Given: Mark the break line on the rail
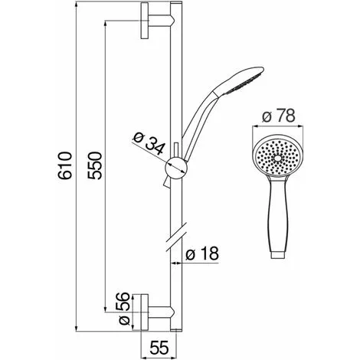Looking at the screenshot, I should [175, 237].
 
